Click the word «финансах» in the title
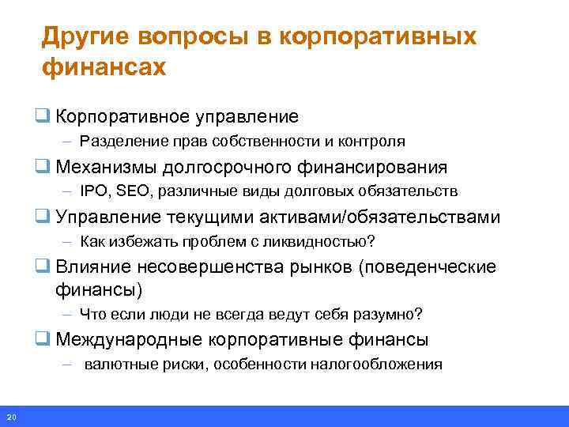tap(104, 66)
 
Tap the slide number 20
tap(10, 417)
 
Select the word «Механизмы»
tap(107, 168)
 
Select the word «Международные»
tap(130, 340)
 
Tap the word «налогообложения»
tap(381, 365)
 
